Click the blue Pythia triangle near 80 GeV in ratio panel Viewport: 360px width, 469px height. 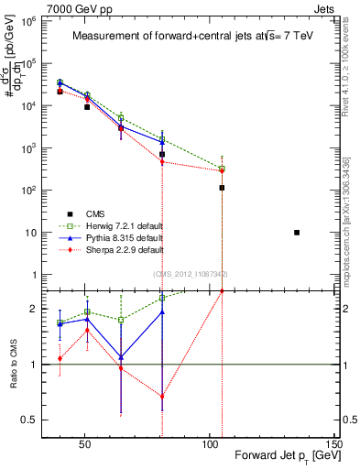162,312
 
